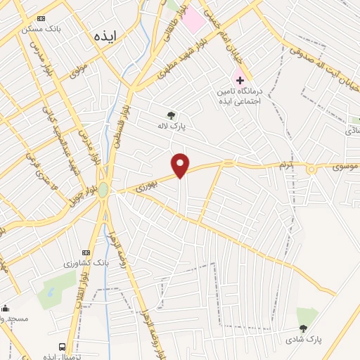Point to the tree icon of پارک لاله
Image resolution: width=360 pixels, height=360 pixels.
171,115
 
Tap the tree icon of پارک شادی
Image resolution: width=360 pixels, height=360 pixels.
303,328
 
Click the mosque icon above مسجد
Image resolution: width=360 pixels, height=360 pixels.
6,308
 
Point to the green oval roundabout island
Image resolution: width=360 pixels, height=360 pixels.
103,190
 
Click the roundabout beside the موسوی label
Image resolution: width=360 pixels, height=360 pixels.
310,168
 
